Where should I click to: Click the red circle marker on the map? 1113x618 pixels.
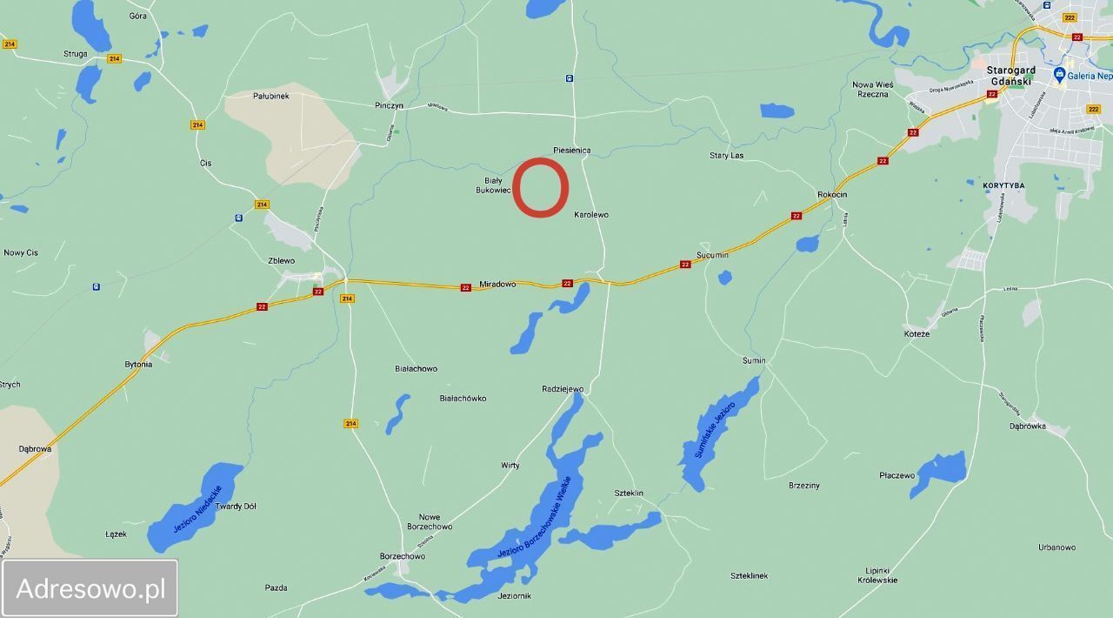pos(540,187)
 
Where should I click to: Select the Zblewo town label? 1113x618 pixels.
pos(281,260)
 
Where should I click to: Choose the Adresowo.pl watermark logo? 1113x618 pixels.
pos(90,588)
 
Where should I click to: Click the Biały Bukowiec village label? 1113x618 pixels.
pos(492,185)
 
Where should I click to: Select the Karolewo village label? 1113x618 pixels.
pos(591,214)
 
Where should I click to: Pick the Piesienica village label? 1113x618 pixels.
pos(571,151)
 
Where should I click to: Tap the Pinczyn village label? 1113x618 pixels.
pos(389,105)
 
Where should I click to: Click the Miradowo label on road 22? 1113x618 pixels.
pos(497,285)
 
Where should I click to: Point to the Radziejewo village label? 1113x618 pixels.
pos(563,389)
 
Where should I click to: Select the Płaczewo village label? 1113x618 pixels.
pos(896,475)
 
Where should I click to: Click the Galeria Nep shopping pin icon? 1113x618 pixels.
pos(1059,75)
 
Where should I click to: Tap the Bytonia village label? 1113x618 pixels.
pos(138,365)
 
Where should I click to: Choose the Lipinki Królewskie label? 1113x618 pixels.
pos(877,574)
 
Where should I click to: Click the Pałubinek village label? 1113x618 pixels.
pos(270,96)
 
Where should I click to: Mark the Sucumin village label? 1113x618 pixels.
pos(712,255)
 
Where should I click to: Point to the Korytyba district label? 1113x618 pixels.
pos(1003,185)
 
